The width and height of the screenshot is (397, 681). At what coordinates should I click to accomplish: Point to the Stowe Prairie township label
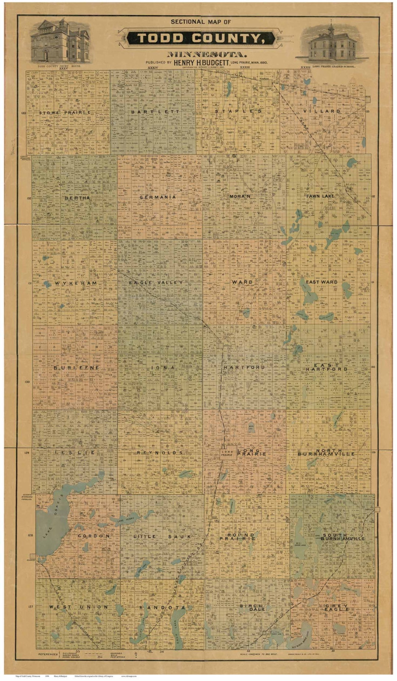pos(65,112)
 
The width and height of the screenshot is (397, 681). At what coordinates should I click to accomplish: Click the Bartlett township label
pos(155,111)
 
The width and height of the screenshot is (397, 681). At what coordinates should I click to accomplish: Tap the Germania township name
pos(157,197)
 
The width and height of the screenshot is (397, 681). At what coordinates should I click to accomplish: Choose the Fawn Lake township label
pos(320,196)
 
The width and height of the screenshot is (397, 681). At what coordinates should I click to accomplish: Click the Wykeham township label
pos(76,283)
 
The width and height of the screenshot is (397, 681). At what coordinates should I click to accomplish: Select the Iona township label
pos(161,368)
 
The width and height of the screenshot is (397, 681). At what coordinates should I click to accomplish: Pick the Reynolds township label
pos(160,453)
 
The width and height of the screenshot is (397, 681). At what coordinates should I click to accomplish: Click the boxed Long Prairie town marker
pos(227,453)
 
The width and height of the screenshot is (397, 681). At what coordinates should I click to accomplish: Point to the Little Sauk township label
pos(162,537)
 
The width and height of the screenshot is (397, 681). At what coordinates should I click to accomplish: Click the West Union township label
pos(79,607)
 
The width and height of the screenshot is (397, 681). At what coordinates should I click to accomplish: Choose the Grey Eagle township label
pos(337,608)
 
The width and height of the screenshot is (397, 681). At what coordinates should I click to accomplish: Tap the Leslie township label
pos(75,453)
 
